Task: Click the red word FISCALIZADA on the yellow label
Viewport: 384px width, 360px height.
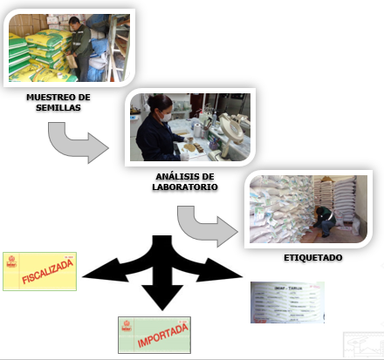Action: (x=40, y=271)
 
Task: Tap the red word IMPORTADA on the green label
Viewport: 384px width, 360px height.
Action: (x=154, y=336)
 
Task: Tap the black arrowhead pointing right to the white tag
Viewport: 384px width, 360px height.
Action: (x=229, y=272)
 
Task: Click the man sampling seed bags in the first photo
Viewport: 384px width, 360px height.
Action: (x=79, y=44)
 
